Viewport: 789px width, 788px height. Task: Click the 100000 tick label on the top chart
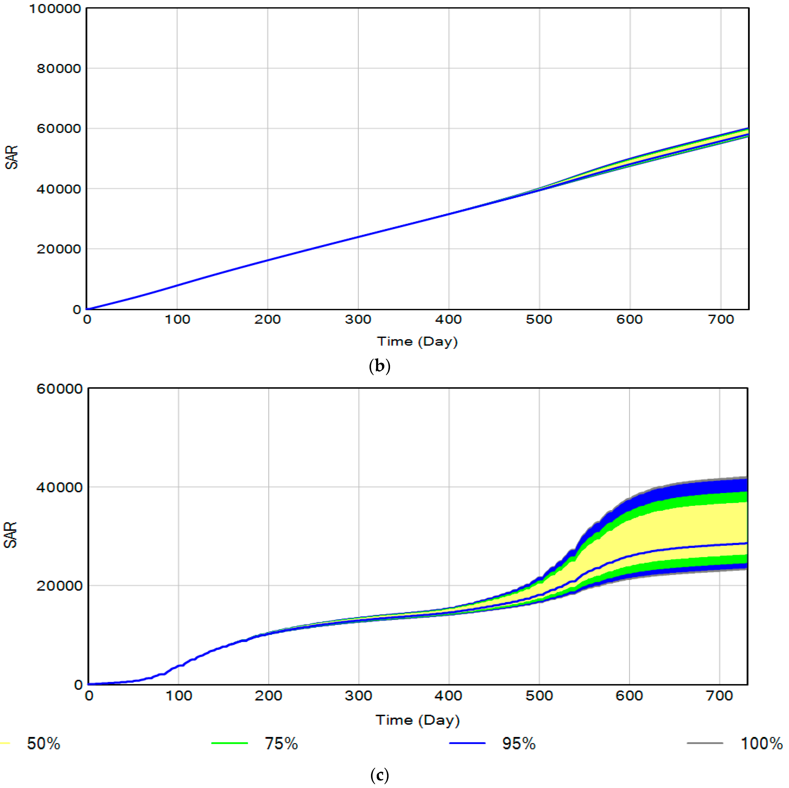pos(55,8)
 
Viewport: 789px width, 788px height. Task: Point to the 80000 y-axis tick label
pos(59,69)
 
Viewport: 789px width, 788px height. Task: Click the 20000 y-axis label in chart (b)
pos(59,249)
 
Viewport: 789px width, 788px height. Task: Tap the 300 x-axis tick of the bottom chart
pos(358,696)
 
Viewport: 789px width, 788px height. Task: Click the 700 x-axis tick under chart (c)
pos(720,696)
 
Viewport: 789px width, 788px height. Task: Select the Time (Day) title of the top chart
pos(417,341)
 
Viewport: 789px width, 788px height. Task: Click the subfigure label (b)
pos(379,366)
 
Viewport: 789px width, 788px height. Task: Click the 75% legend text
pos(281,744)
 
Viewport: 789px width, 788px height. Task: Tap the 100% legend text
pos(761,744)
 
